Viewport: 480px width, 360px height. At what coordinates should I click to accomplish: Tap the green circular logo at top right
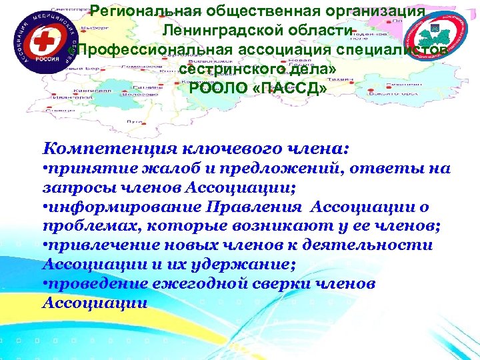point(437,39)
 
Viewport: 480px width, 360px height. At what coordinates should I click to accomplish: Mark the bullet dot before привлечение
point(45,246)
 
